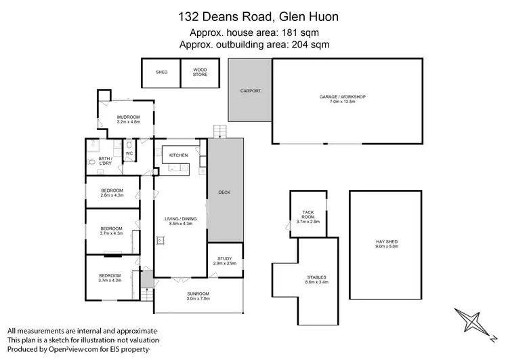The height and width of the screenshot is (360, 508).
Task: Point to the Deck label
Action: [224, 193]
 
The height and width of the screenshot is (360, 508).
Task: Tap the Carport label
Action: [250, 91]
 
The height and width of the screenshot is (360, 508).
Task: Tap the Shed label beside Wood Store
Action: [161, 73]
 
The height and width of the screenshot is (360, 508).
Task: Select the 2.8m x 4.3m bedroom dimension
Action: [112, 195]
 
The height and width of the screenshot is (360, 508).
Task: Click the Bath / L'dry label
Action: [98, 161]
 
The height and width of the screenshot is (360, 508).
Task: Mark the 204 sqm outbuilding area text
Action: [254, 45]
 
